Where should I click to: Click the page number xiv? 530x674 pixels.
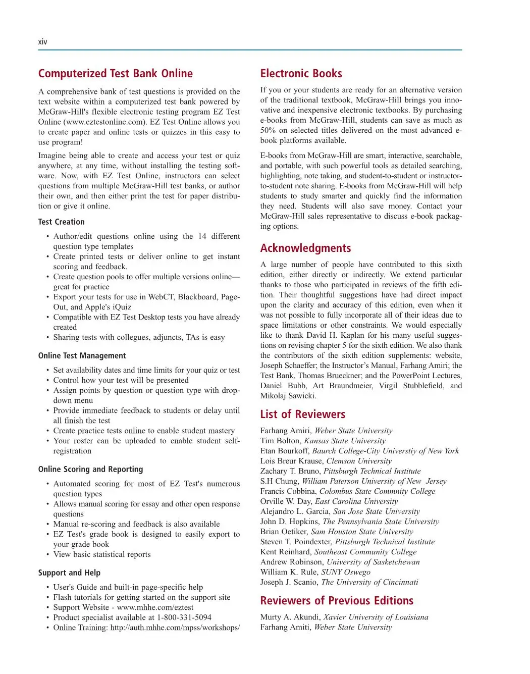[x=42, y=42]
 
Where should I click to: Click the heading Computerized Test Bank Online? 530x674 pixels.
[x=115, y=74]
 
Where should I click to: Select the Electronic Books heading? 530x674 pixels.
[x=301, y=74]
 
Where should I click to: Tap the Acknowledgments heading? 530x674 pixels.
[x=305, y=248]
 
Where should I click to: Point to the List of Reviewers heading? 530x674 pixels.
[x=302, y=414]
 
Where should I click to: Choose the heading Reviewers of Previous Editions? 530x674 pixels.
[x=337, y=601]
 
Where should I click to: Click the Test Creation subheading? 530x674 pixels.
[x=61, y=222]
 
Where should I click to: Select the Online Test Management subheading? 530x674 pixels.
[x=82, y=355]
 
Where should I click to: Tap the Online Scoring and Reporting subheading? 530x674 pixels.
[x=90, y=469]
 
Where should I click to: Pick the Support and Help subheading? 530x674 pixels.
[x=69, y=573]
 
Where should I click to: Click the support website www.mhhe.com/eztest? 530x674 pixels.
[x=155, y=607]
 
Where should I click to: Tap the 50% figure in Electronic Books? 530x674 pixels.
[x=268, y=130]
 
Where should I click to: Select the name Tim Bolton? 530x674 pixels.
[x=280, y=441]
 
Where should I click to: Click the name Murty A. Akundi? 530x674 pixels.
[x=290, y=617]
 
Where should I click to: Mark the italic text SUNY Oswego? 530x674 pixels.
[x=346, y=572]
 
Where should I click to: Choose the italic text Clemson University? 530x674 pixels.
[x=359, y=461]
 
